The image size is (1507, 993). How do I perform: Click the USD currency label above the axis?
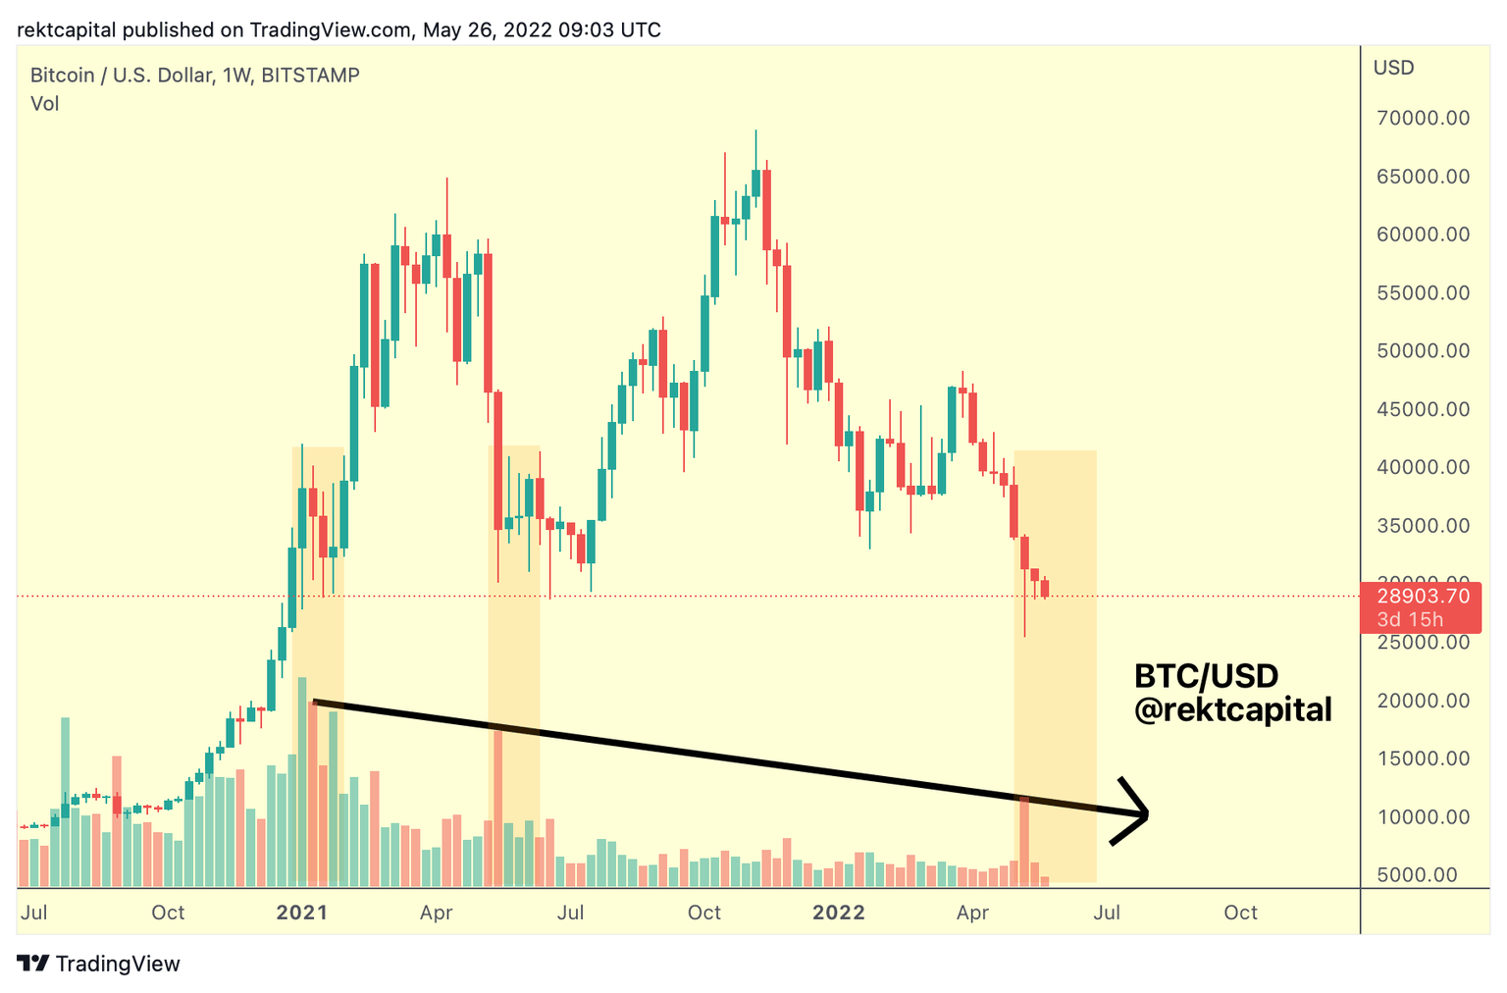click(1393, 68)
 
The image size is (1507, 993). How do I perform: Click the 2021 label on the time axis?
click(301, 913)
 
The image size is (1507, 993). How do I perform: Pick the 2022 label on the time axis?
click(839, 913)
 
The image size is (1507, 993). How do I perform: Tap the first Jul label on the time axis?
click(33, 913)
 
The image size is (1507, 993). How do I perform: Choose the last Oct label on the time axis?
click(1240, 913)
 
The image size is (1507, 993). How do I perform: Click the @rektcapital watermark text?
click(1232, 709)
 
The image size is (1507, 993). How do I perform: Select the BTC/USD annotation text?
click(1206, 676)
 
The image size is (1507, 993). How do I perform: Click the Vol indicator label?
click(44, 104)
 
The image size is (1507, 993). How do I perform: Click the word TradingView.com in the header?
click(330, 29)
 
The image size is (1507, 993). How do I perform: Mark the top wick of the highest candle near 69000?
click(755, 137)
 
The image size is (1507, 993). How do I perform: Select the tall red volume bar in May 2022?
click(1024, 839)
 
